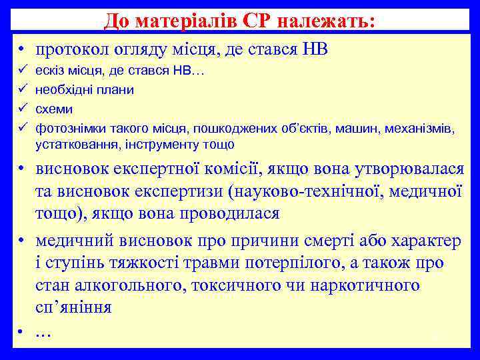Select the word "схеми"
point(54,108)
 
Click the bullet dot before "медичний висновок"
point(22,240)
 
